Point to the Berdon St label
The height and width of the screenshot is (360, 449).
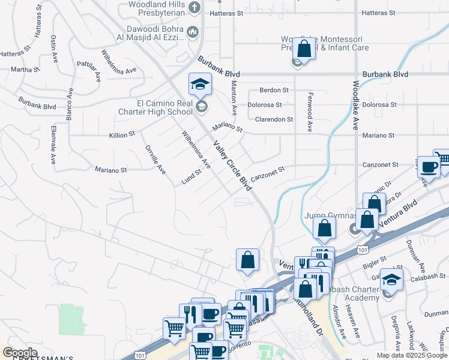coord(274,90)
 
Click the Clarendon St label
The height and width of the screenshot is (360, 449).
coord(274,119)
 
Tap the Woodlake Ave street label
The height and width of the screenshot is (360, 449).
coord(355,106)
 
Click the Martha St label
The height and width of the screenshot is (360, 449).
coord(25,70)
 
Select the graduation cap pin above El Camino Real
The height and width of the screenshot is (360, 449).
coord(200,83)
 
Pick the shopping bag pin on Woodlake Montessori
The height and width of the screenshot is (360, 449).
coord(304,49)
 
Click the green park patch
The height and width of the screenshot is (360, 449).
coord(72,319)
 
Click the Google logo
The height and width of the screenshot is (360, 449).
coord(20,353)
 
